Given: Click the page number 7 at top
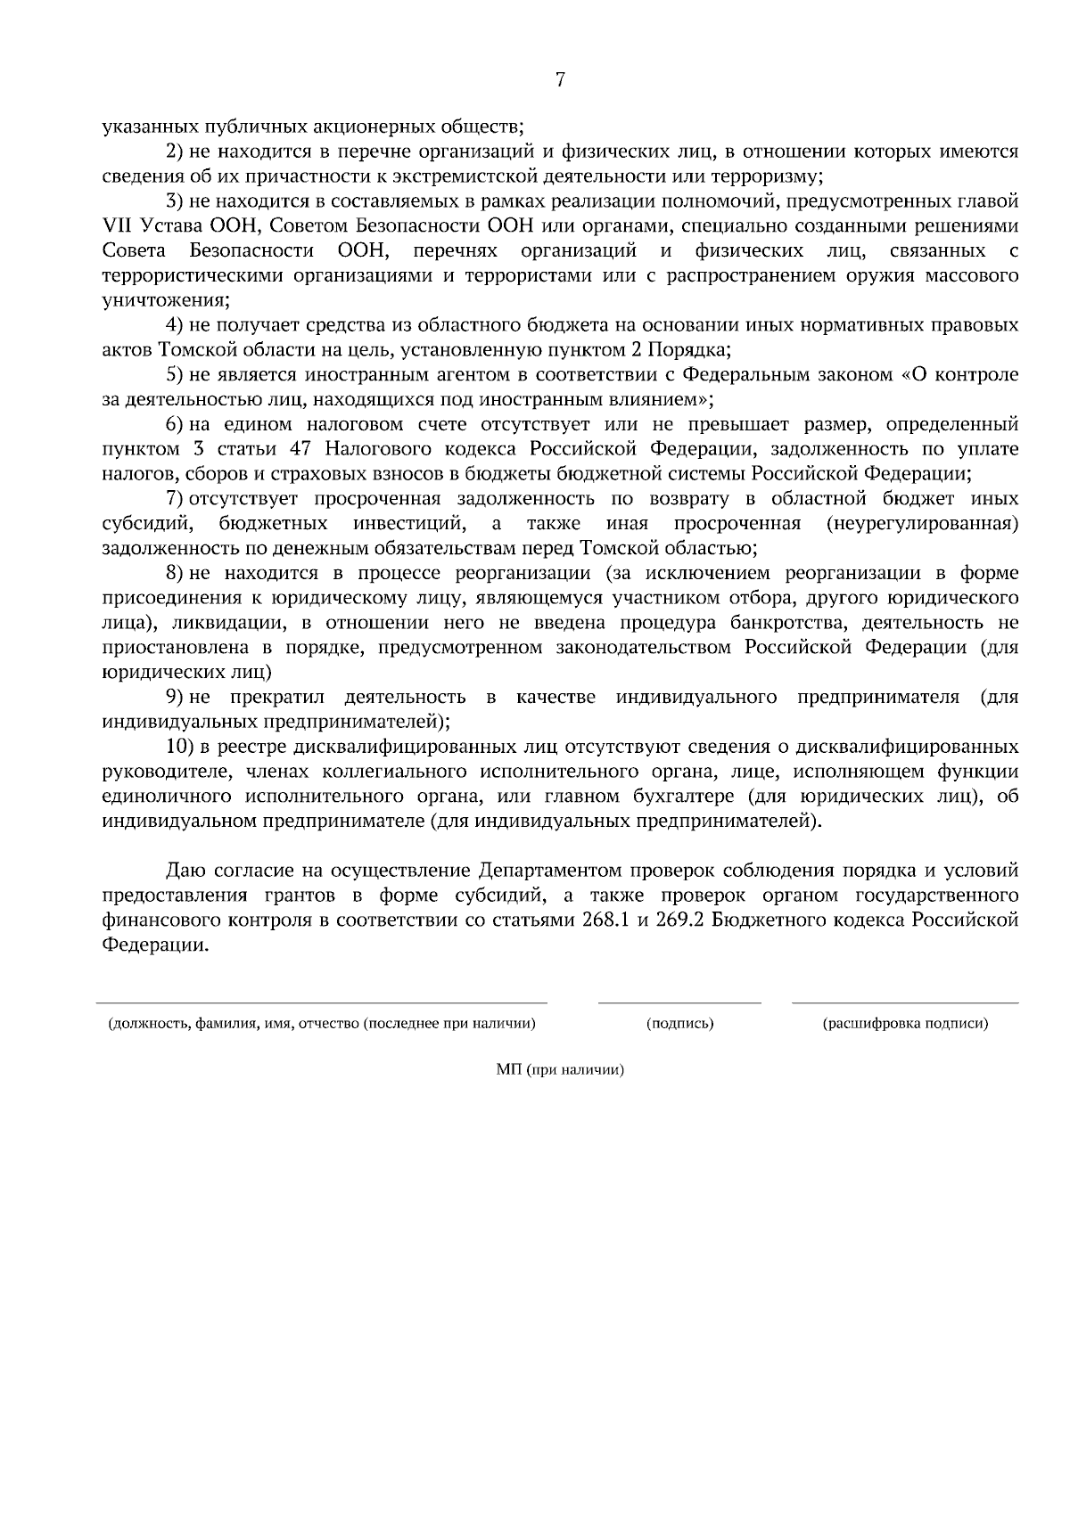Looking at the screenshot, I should pyautogui.click(x=560, y=80).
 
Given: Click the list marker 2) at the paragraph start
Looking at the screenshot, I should pyautogui.click(x=175, y=152).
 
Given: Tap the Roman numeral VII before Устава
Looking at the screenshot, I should pyautogui.click(x=117, y=226).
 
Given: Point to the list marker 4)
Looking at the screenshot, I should pyautogui.click(x=175, y=325).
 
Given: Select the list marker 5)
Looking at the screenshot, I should pyautogui.click(x=175, y=374).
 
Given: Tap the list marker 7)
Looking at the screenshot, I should pyautogui.click(x=175, y=497).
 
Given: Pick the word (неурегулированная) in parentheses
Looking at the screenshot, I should pyautogui.click(x=922, y=522).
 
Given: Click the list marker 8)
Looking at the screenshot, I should pyautogui.click(x=175, y=571).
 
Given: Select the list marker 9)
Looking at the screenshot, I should pyautogui.click(x=175, y=695).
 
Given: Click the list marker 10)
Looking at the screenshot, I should pyautogui.click(x=179, y=744).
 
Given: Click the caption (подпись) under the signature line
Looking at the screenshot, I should pyautogui.click(x=679, y=1024).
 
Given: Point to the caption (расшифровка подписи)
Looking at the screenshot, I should pyautogui.click(x=904, y=1024).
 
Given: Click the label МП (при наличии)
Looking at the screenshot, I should pyautogui.click(x=559, y=1070).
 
